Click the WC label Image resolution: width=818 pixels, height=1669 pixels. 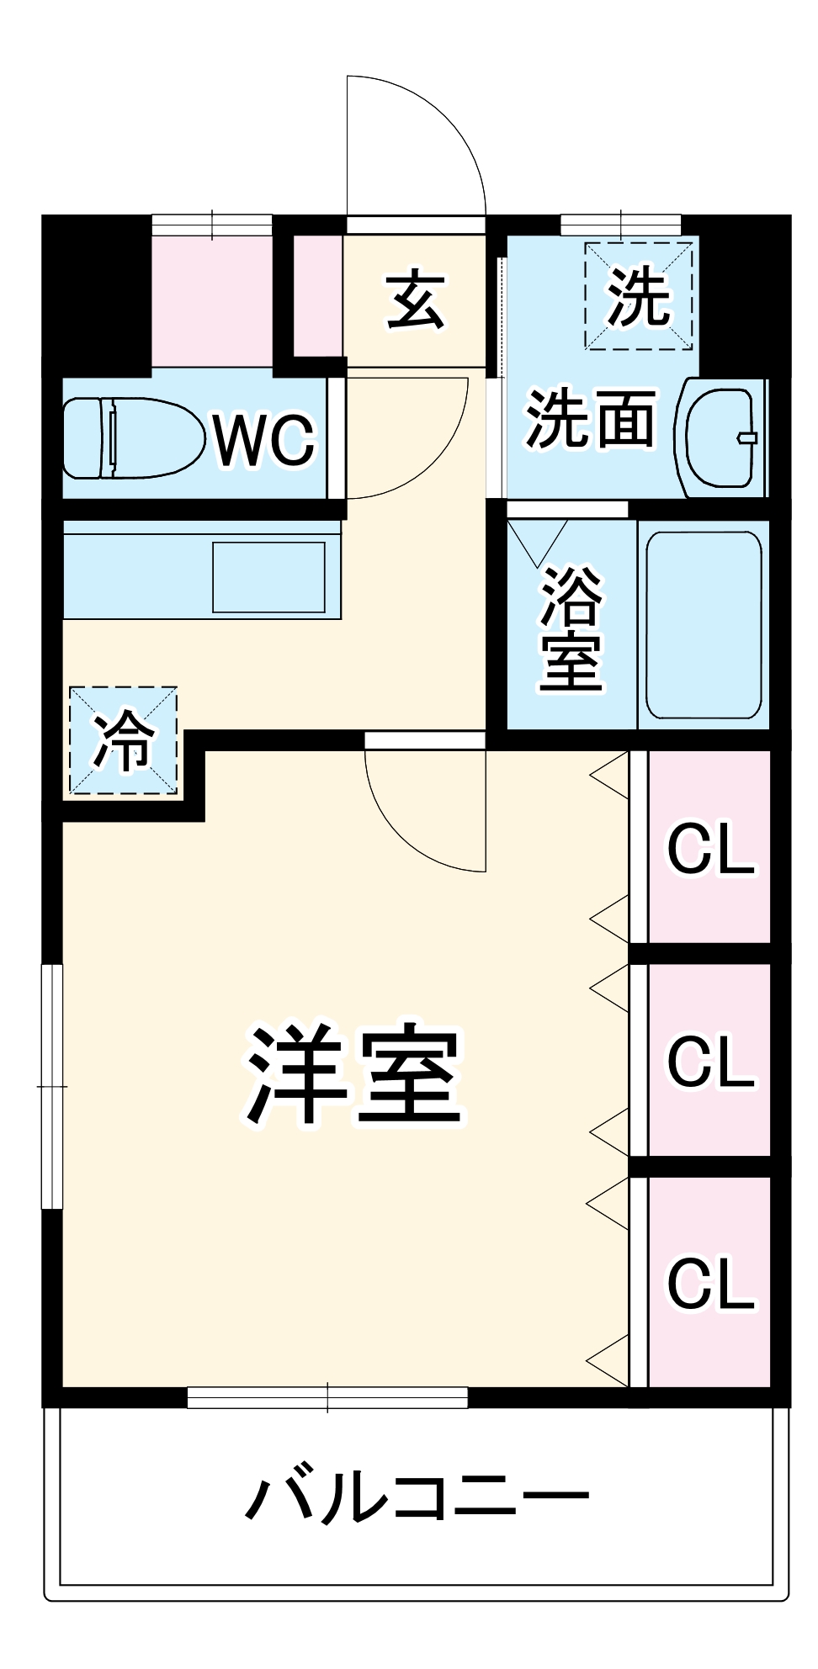point(264,439)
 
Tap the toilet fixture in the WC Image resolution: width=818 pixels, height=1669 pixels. point(135,438)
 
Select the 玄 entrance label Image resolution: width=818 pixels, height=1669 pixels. point(415,300)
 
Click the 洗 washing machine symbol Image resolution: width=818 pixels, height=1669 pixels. point(639,296)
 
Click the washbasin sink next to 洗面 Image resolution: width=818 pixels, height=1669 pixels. point(720,437)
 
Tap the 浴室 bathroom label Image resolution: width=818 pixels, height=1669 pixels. point(571,628)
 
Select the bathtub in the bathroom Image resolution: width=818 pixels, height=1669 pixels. point(704,624)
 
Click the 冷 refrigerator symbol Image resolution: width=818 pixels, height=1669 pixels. point(124,740)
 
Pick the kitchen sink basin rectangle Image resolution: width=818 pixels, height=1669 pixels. point(268,577)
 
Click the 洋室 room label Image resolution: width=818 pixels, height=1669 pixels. point(353,1076)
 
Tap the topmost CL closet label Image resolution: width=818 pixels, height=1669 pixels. point(710,850)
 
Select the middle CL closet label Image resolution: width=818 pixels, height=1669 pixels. point(710,1062)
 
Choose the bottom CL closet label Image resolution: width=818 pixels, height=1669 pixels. point(710,1284)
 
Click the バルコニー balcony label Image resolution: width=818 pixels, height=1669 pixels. point(417,1497)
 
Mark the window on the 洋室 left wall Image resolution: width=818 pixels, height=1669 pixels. point(52,1086)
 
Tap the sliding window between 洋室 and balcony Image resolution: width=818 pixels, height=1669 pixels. point(327,1397)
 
